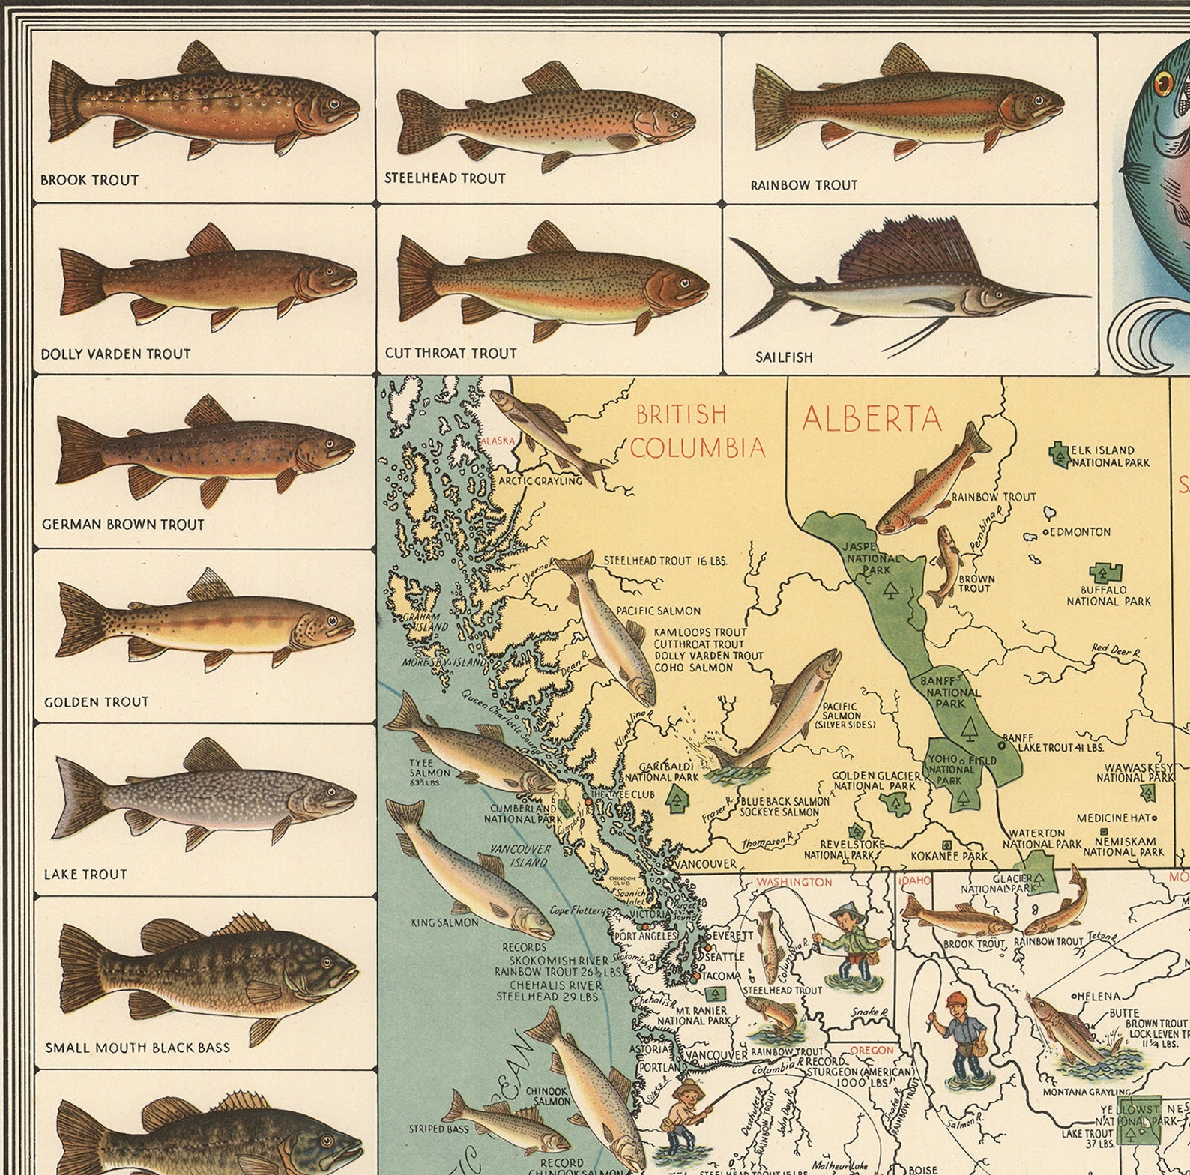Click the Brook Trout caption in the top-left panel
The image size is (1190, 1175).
click(x=89, y=180)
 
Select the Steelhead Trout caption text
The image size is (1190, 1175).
click(x=444, y=178)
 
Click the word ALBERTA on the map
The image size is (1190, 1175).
click(x=871, y=419)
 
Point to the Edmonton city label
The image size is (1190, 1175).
click(x=1079, y=532)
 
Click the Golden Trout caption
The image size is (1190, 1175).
click(x=96, y=702)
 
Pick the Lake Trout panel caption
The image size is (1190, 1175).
click(x=85, y=874)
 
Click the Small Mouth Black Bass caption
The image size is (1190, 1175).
click(x=137, y=1048)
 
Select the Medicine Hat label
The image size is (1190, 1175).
click(x=1114, y=818)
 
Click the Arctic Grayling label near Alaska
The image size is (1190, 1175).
click(x=540, y=480)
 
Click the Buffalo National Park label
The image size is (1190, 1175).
click(x=1108, y=596)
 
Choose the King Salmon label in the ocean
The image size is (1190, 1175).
click(x=444, y=922)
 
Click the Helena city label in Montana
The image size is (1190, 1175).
click(x=1099, y=996)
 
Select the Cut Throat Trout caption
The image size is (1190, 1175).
click(x=450, y=353)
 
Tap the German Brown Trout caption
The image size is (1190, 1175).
click(x=123, y=525)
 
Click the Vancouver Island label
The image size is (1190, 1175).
click(x=520, y=856)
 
